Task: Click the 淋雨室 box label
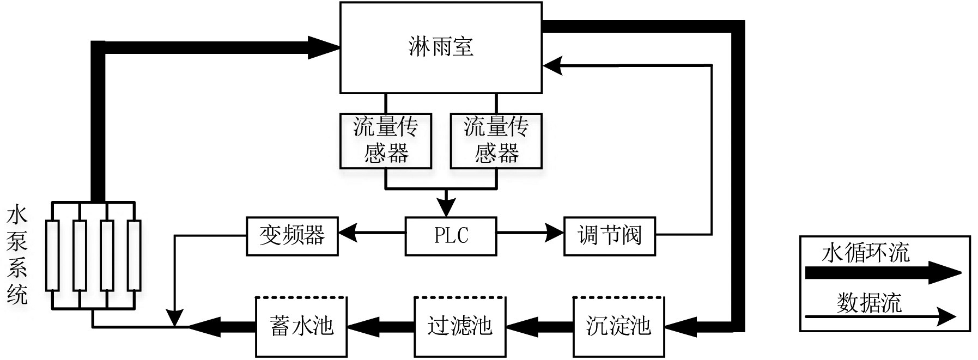(x=440, y=47)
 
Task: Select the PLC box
(x=451, y=236)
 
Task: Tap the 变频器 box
(x=292, y=236)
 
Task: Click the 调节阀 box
(x=609, y=236)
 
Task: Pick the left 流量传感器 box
(x=385, y=141)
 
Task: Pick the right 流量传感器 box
(x=496, y=141)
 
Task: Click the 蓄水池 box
(x=301, y=326)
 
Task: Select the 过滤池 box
(x=459, y=326)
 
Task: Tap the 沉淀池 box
(x=618, y=326)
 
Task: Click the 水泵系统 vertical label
(x=17, y=255)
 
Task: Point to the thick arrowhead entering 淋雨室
(x=324, y=47)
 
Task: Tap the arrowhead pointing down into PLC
(x=447, y=208)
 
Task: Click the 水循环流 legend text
(x=865, y=253)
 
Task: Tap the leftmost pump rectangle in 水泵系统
(x=52, y=255)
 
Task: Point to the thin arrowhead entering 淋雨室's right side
(x=552, y=65)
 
